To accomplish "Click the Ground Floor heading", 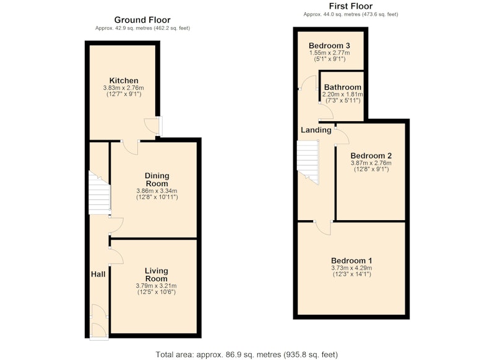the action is coord(142,20).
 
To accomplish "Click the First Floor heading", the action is coord(351,6).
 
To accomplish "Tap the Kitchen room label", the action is coord(124,80).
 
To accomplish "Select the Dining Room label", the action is coord(157,179).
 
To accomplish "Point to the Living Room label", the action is coord(157,275).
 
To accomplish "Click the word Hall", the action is coord(98,274).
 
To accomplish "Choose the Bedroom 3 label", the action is coord(329,45).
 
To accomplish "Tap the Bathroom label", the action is coord(343,87).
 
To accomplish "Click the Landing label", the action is coord(316,130).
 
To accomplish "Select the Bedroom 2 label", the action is coord(371,155).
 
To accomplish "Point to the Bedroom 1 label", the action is coord(351,260).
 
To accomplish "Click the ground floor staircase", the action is coord(99,192).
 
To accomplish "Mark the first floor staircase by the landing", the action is coord(308,162).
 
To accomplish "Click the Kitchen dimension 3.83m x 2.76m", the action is coord(123,88).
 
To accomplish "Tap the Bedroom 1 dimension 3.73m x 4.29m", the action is coord(351,268).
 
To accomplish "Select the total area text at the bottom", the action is coord(247,354).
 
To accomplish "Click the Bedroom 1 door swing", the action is coord(323,228).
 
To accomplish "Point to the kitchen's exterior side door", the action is coord(153,126).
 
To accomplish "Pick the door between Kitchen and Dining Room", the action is coord(130,147).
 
